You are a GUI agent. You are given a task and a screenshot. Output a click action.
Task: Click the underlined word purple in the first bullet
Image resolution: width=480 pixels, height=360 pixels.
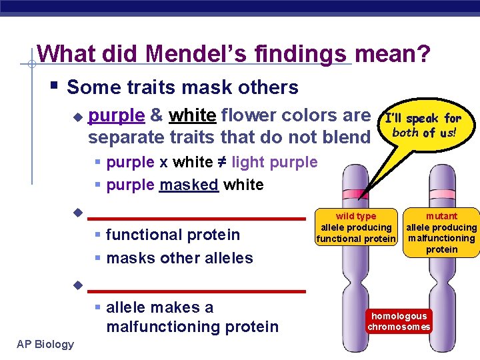116,116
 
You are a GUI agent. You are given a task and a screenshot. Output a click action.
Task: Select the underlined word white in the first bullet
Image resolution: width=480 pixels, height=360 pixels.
192,116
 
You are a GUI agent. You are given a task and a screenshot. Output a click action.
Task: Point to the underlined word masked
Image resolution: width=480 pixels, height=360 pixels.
189,185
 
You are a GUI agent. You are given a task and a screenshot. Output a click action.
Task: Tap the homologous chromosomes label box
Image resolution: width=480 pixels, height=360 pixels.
399,321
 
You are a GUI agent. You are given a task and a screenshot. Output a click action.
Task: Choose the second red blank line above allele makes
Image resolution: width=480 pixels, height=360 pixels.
197,291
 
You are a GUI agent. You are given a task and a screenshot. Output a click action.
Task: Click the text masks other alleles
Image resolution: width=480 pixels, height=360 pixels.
179,258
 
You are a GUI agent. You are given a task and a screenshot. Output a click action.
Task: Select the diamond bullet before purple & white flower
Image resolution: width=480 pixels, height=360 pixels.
77,117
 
